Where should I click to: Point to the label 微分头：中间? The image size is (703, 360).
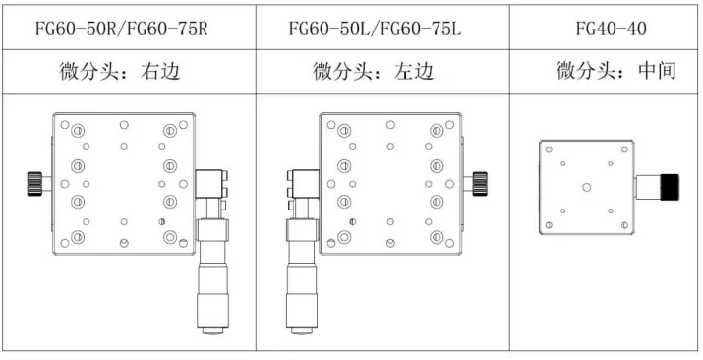pos(615,71)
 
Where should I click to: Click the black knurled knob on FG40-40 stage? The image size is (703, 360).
pos(670,185)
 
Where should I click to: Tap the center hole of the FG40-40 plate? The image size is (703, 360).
pos(587,185)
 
